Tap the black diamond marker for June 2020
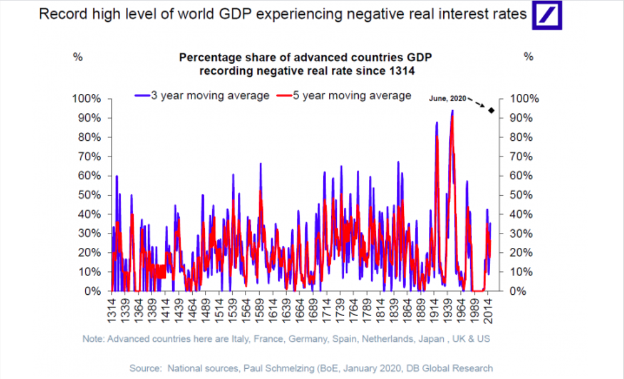pyautogui.click(x=491, y=110)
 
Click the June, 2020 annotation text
pyautogui.click(x=448, y=98)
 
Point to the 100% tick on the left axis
pyautogui.click(x=88, y=98)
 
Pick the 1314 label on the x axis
pyautogui.click(x=112, y=309)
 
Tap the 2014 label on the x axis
pyautogui.click(x=489, y=309)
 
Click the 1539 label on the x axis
pyautogui.click(x=233, y=309)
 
